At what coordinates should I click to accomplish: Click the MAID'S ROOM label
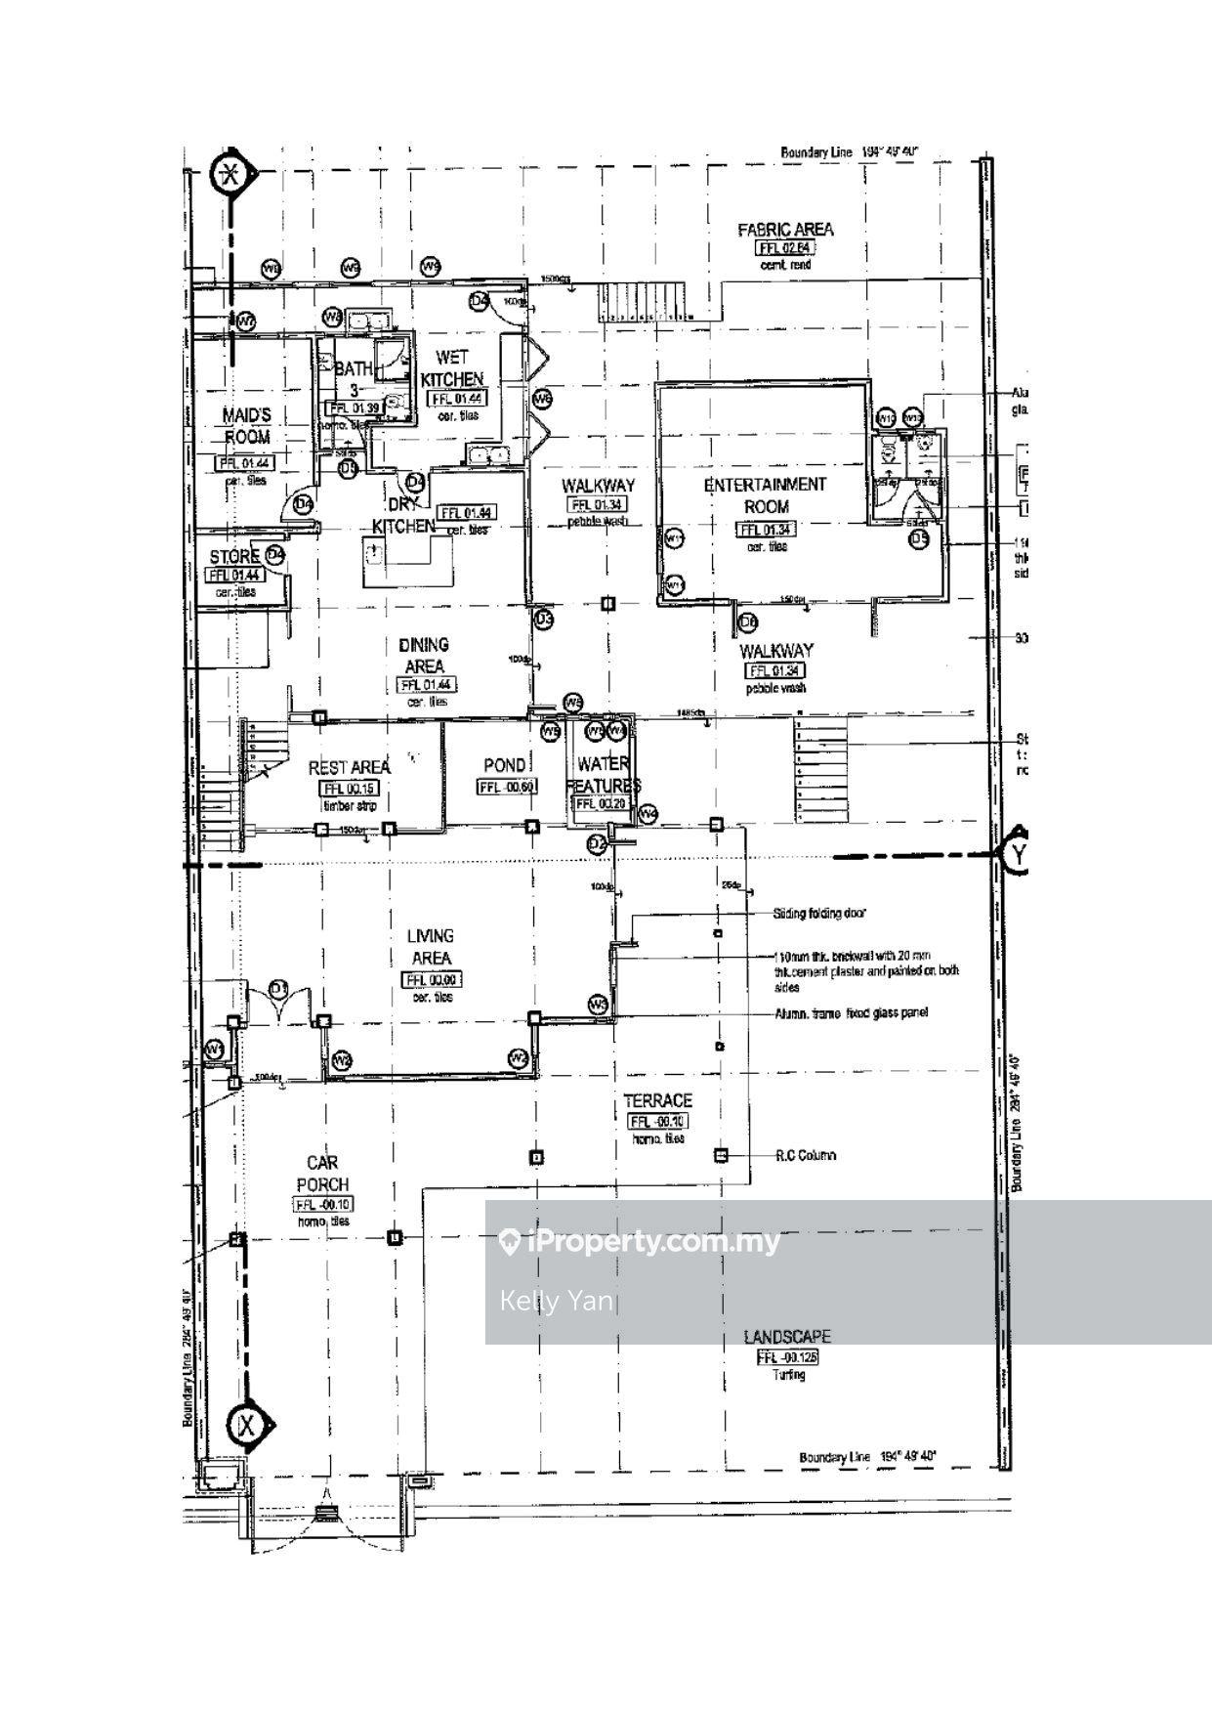point(246,427)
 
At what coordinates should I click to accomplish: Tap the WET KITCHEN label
point(451,368)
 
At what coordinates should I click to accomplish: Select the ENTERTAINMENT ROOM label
point(766,495)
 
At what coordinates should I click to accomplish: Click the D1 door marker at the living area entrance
point(279,989)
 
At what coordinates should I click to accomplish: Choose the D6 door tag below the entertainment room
point(749,622)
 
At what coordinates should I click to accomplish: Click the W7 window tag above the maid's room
point(245,321)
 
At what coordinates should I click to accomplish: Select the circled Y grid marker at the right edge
point(1020,854)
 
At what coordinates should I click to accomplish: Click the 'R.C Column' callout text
point(806,1155)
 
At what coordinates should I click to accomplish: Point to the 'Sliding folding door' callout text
point(818,914)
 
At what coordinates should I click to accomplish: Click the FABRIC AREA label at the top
point(785,230)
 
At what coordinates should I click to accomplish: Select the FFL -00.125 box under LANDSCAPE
point(787,1357)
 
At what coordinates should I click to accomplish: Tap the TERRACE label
point(657,1101)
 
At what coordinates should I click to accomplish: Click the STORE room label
point(234,557)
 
